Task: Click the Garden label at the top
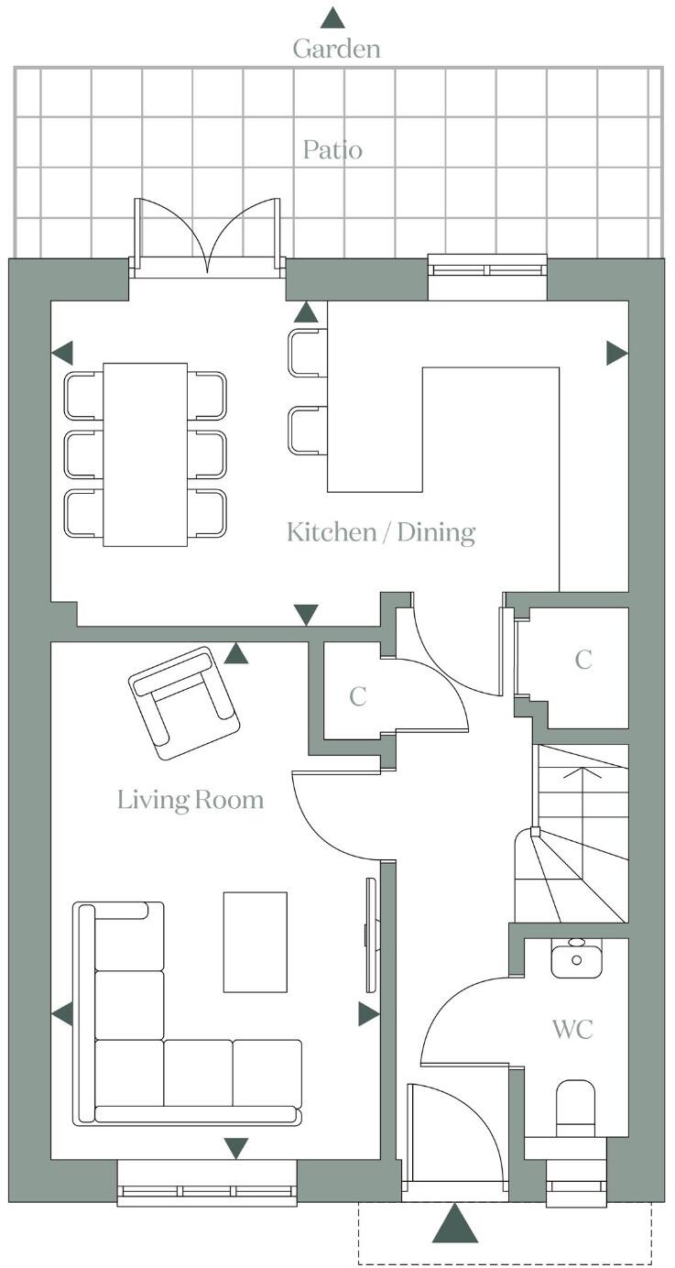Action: click(x=336, y=49)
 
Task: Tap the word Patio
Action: click(x=332, y=149)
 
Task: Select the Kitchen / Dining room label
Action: click(x=381, y=531)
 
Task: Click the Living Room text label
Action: click(x=191, y=800)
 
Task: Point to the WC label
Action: click(x=572, y=1028)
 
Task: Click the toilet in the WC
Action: click(x=575, y=1109)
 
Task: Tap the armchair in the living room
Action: click(x=184, y=703)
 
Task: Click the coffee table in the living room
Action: click(x=256, y=941)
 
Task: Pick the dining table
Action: click(x=145, y=454)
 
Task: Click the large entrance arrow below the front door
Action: click(x=455, y=1223)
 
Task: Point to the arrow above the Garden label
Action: click(x=332, y=17)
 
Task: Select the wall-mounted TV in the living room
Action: click(x=371, y=935)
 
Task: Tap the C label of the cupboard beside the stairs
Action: click(x=582, y=660)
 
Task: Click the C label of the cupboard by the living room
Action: click(x=357, y=696)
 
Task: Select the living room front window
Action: click(x=208, y=1192)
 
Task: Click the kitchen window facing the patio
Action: click(x=487, y=269)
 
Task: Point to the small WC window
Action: click(x=576, y=1188)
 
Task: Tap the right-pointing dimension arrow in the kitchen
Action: click(x=616, y=353)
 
